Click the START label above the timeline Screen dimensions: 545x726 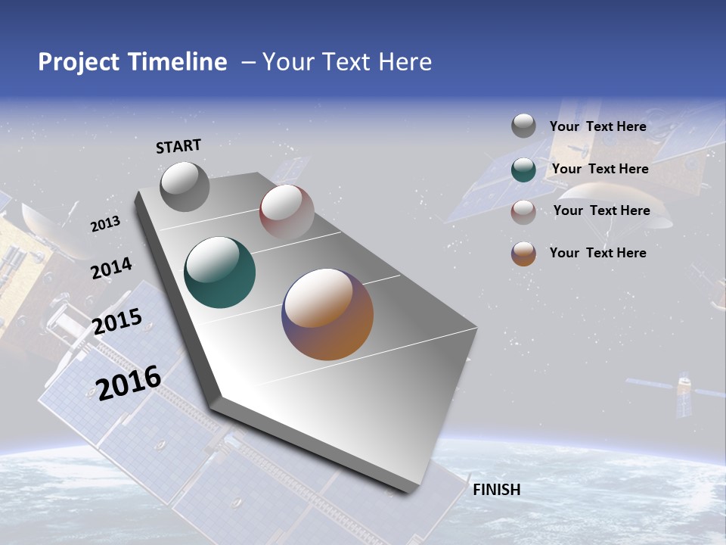coord(178,146)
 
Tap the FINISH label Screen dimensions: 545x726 coord(496,490)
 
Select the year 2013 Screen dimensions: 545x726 coord(105,224)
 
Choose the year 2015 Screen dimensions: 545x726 coord(116,322)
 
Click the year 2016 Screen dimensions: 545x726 coord(128,382)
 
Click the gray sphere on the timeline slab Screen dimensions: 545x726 coord(185,186)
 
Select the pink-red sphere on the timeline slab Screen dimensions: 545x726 coord(287,212)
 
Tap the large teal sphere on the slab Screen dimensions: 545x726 coord(220,272)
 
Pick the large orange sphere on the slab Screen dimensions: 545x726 coord(327,314)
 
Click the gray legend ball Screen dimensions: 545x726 coord(523,126)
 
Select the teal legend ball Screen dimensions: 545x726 coord(523,170)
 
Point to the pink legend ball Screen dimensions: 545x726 coord(523,212)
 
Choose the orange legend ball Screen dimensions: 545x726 coord(523,254)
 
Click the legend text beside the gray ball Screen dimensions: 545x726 coord(597,126)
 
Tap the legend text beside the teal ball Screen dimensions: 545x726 coord(600,169)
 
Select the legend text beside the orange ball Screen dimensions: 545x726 coord(597,253)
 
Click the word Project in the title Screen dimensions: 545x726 coord(78,62)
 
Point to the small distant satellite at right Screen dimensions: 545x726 coord(684,392)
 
